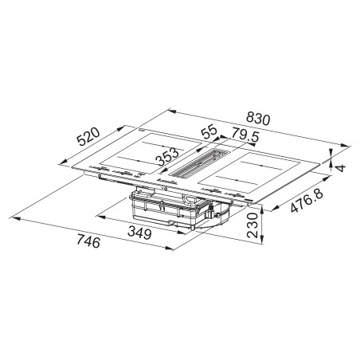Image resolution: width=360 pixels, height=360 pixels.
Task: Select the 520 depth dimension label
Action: click(86, 140)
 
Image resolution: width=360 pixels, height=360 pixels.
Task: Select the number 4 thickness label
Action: click(340, 167)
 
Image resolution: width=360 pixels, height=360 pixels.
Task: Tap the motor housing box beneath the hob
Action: click(171, 211)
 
